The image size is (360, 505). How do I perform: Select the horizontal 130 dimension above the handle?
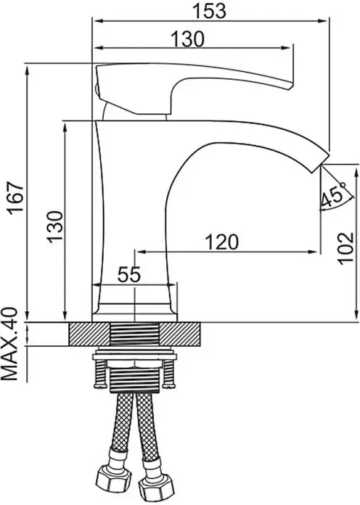point(187,40)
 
